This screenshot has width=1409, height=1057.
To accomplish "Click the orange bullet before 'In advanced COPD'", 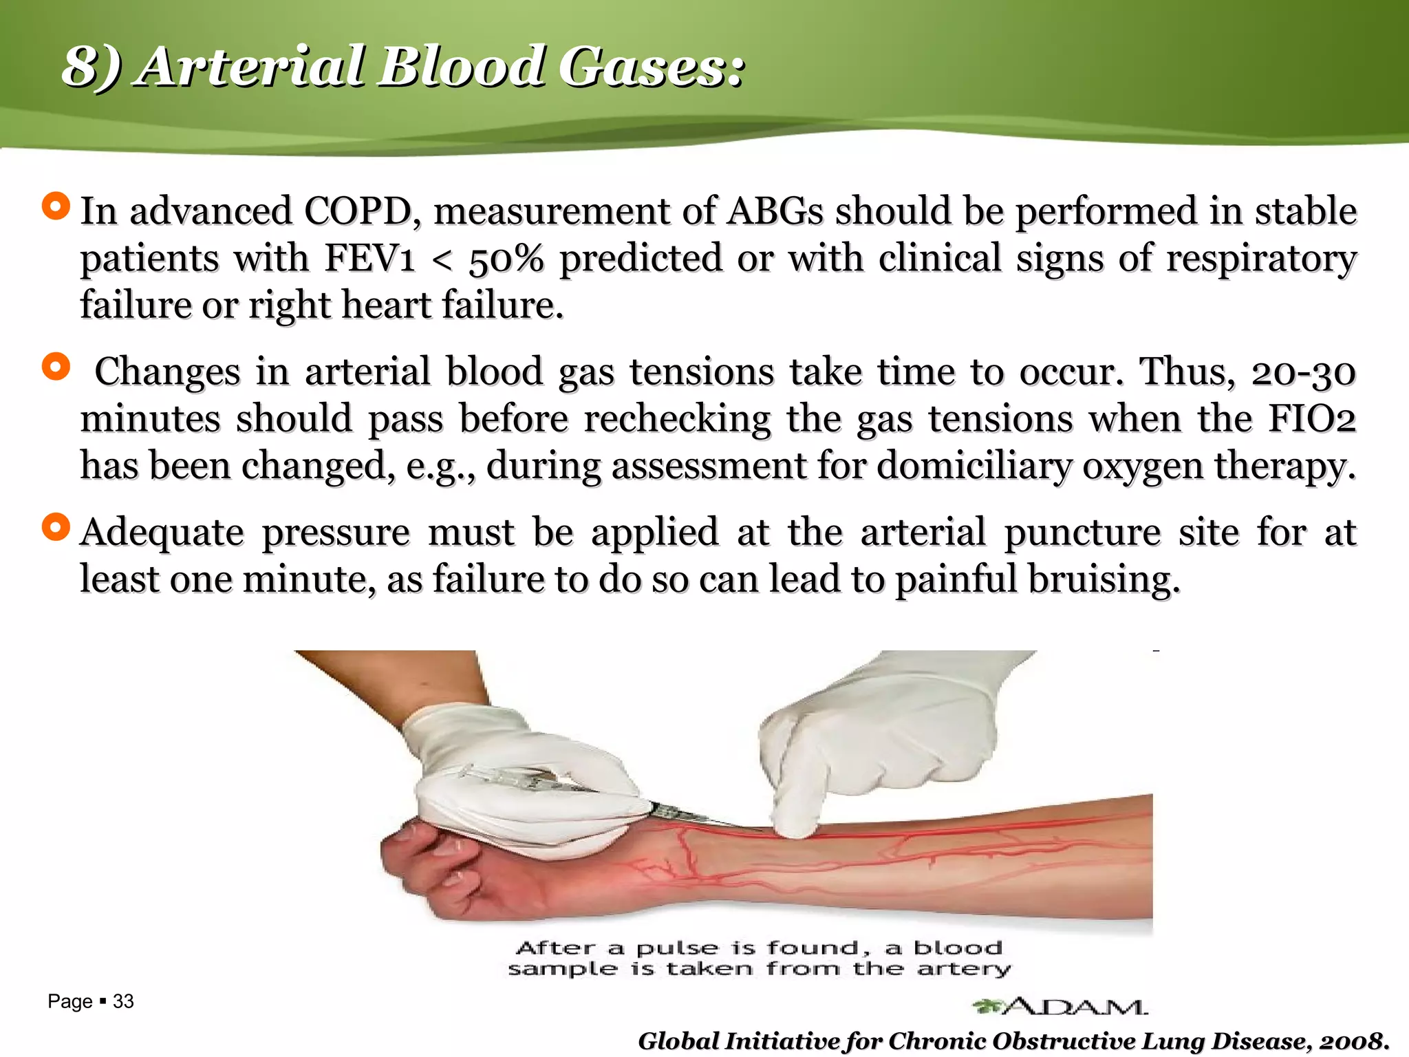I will pyautogui.click(x=56, y=206).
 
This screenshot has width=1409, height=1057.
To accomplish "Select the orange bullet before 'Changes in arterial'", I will pyautogui.click(x=56, y=366).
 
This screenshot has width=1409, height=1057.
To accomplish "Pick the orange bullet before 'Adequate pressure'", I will pyautogui.click(x=56, y=527).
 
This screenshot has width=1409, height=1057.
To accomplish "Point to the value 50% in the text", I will pyautogui.click(x=506, y=259).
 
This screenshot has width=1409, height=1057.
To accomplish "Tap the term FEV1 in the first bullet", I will pyautogui.click(x=370, y=259).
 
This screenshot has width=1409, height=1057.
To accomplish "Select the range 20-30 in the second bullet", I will pyautogui.click(x=1303, y=373).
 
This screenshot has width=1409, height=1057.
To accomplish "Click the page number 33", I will pyautogui.click(x=123, y=1001).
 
